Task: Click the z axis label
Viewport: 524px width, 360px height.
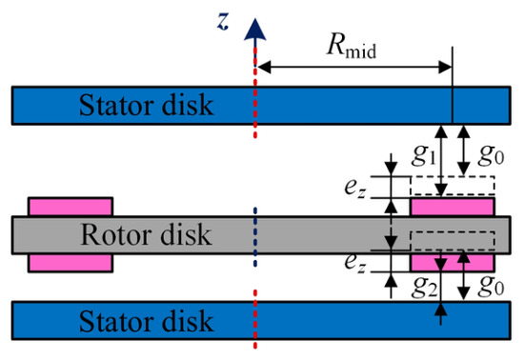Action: click(x=223, y=22)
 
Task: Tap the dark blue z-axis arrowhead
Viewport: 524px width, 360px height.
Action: click(x=255, y=30)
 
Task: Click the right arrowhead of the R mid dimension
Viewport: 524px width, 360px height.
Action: click(x=446, y=68)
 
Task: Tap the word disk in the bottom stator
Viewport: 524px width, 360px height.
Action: click(x=188, y=321)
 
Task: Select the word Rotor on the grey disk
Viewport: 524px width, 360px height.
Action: click(x=117, y=235)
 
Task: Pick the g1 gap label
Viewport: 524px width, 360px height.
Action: click(x=424, y=156)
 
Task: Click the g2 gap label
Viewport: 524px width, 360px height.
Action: click(x=424, y=288)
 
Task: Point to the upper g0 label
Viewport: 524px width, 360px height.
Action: click(x=491, y=156)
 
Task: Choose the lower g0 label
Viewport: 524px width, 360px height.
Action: click(x=491, y=287)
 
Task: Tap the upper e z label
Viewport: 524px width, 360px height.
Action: click(x=355, y=189)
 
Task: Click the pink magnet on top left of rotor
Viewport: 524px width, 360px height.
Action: click(x=71, y=207)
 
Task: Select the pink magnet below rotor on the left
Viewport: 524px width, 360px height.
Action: click(x=71, y=263)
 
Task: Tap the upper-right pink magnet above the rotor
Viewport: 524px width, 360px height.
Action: click(x=453, y=207)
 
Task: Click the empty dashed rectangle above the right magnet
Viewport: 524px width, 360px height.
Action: click(x=453, y=186)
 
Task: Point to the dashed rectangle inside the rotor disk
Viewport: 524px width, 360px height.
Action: click(x=453, y=240)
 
